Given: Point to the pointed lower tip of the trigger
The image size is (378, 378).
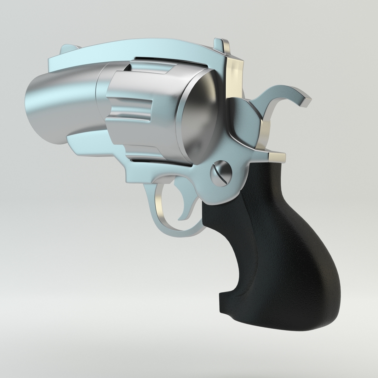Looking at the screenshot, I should (181, 219).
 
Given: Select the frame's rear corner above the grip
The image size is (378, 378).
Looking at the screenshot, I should (277, 156).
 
